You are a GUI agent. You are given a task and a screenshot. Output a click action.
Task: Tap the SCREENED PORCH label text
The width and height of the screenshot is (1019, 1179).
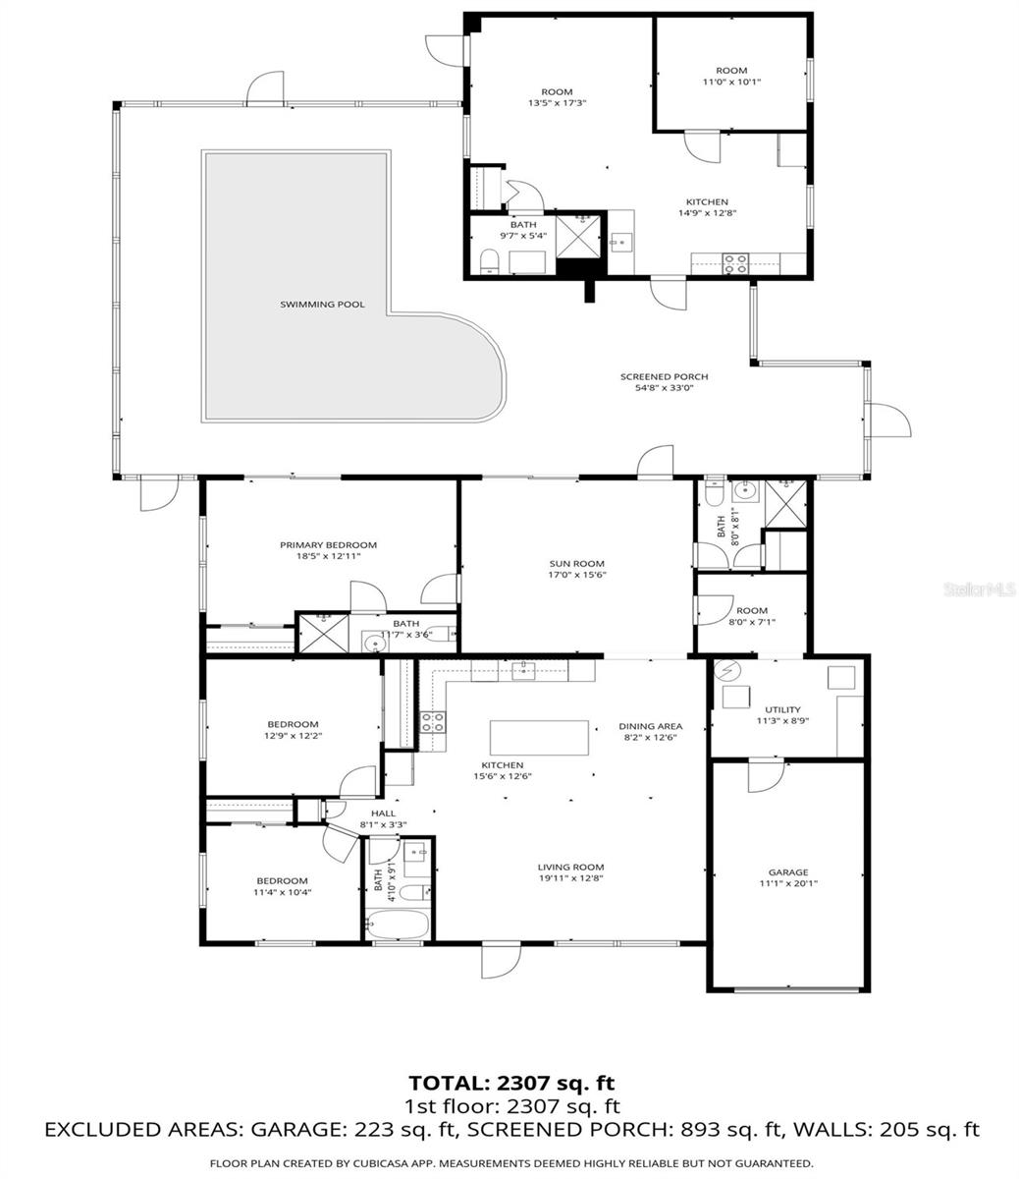point(664,376)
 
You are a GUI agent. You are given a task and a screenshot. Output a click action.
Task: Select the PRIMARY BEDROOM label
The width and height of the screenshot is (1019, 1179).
point(328,545)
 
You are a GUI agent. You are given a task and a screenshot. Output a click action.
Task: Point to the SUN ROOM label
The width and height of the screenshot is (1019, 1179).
point(576,564)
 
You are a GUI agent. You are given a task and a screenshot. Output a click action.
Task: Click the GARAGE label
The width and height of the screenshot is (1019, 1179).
point(787,871)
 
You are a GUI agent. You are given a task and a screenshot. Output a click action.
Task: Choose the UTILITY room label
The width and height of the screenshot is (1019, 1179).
point(782,709)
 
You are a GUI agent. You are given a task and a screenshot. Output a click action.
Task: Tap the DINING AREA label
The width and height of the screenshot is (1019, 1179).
point(650,726)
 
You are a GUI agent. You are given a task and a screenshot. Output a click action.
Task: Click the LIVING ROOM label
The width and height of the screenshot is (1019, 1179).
point(569,867)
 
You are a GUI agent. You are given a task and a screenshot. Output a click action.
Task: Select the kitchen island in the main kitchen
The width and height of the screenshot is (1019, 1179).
point(540,737)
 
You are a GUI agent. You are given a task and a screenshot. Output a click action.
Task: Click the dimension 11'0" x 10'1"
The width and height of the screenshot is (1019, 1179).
point(731,83)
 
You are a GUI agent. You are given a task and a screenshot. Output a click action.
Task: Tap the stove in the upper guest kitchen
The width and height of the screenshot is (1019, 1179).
point(735,263)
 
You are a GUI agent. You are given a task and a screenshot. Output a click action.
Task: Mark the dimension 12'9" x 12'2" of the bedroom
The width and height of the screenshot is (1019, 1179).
point(292,736)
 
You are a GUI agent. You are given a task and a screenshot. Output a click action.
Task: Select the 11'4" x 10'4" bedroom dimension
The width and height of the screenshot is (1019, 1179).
point(282,892)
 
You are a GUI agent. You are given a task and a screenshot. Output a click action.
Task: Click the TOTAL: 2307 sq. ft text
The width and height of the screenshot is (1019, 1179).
point(510,1083)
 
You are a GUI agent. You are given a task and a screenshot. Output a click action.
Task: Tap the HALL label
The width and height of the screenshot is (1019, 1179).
point(383,814)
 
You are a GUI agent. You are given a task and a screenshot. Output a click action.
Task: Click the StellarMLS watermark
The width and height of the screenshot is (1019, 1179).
point(978,590)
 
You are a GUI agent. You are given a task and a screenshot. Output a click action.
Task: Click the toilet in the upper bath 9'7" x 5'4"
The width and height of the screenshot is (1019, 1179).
point(488,261)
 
